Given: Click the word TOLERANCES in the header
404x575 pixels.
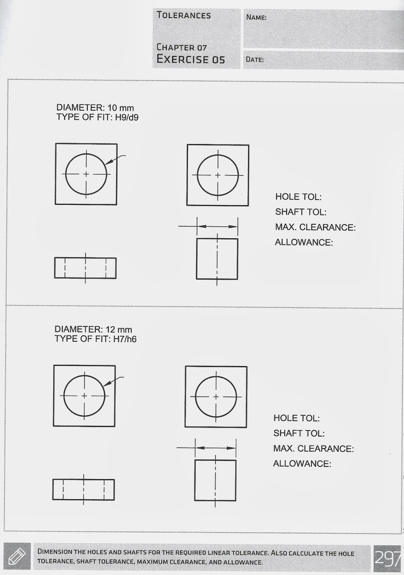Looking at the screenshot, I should (184, 15).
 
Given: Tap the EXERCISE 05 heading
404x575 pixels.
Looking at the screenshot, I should (190, 59).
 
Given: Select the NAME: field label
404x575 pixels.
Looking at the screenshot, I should (256, 17).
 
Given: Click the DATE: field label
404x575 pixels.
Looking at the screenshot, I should (255, 60).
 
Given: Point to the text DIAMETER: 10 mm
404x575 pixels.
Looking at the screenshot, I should (95, 108).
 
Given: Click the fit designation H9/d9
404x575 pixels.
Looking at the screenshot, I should (127, 118).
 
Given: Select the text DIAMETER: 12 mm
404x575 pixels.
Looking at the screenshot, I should (93, 330).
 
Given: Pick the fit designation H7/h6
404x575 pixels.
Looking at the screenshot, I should (125, 339).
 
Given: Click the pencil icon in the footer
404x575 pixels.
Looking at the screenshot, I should (17, 557).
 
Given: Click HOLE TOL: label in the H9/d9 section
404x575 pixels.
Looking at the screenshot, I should (298, 197).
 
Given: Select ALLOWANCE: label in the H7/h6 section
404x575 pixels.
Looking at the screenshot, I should (302, 464).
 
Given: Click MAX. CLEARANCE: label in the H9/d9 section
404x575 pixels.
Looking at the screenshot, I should (315, 227).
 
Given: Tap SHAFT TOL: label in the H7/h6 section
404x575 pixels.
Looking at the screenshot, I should (299, 433).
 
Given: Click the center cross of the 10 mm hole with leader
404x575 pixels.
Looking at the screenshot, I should (86, 174).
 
